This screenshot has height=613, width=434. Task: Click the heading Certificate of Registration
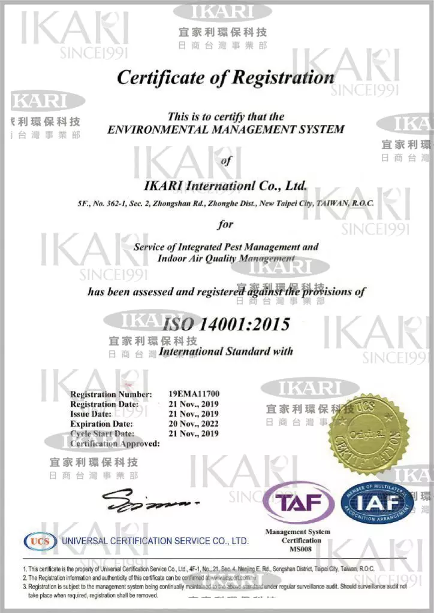pyautogui.click(x=225, y=77)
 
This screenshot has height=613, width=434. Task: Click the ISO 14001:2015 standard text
pyautogui.click(x=226, y=324)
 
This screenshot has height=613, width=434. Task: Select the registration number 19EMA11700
pyautogui.click(x=194, y=394)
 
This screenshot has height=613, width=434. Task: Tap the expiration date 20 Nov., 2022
pyautogui.click(x=194, y=423)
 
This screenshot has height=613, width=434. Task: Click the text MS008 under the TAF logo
pyautogui.click(x=297, y=549)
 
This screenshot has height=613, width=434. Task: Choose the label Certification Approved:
pyautogui.click(x=114, y=444)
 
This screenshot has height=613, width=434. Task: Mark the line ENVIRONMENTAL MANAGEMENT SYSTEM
pyautogui.click(x=225, y=129)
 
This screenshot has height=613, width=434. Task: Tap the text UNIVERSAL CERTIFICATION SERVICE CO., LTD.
pyautogui.click(x=155, y=541)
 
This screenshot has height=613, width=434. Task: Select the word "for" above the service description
pyautogui.click(x=225, y=225)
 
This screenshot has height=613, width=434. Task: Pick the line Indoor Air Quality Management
pyautogui.click(x=226, y=259)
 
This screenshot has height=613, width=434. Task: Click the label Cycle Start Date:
pyautogui.click(x=103, y=433)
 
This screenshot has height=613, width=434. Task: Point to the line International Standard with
pyautogui.click(x=226, y=351)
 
